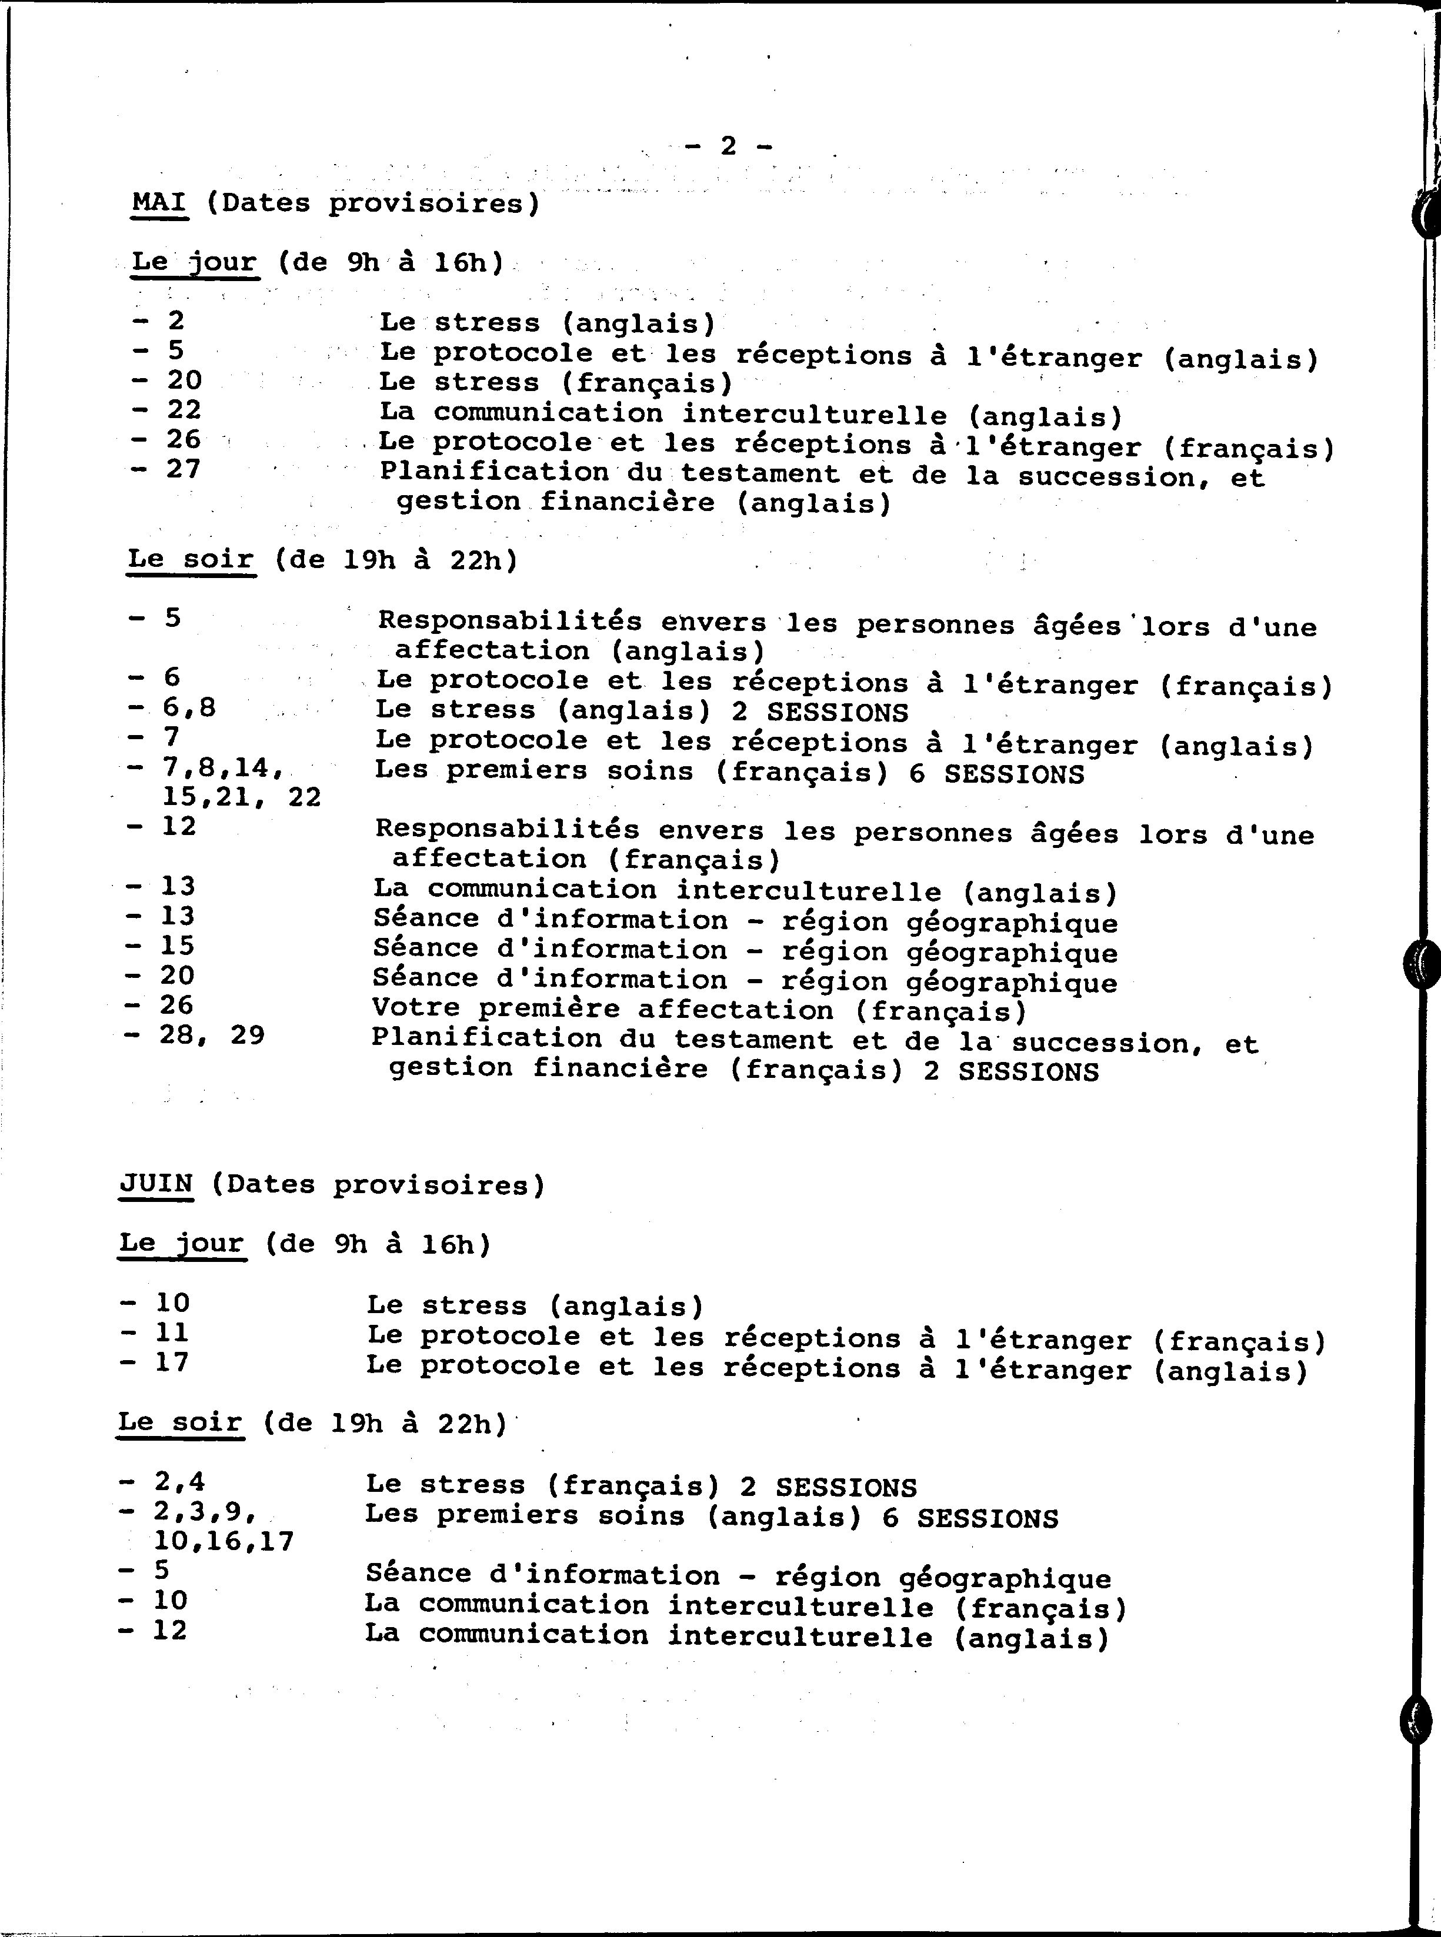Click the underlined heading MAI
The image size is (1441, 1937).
point(159,203)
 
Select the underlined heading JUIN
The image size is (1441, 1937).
point(155,1184)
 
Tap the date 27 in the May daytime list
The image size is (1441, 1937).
point(184,469)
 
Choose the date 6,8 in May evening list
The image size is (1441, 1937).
point(189,707)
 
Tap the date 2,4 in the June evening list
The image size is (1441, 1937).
point(180,1481)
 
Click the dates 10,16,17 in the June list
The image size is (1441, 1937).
point(224,1542)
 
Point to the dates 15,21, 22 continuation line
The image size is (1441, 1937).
point(241,797)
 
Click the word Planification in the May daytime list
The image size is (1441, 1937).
point(493,473)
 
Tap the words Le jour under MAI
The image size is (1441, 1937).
point(195,262)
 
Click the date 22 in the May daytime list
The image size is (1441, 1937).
point(184,410)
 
